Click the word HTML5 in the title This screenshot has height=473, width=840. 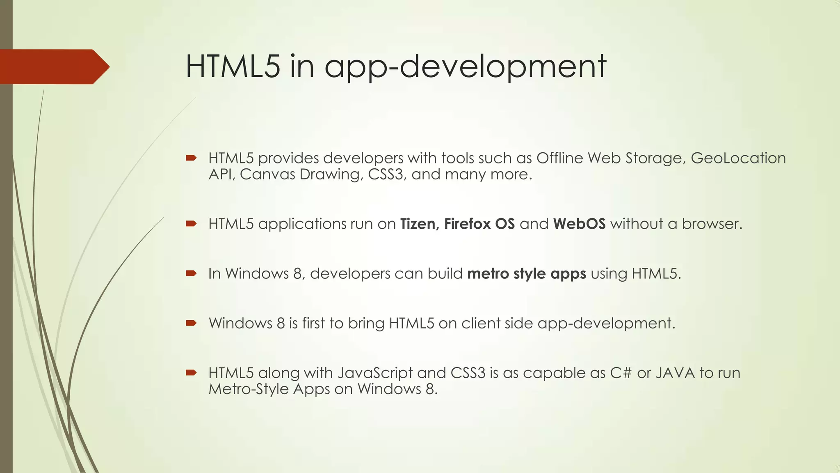[233, 67]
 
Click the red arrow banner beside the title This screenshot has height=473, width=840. [53, 67]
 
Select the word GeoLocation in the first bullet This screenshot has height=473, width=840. [738, 158]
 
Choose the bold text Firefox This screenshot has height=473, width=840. [467, 224]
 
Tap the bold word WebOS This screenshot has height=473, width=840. [579, 224]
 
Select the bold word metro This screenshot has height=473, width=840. [488, 274]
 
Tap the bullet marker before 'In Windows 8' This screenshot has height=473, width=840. [191, 273]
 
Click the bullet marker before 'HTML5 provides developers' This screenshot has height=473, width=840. [191, 158]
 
